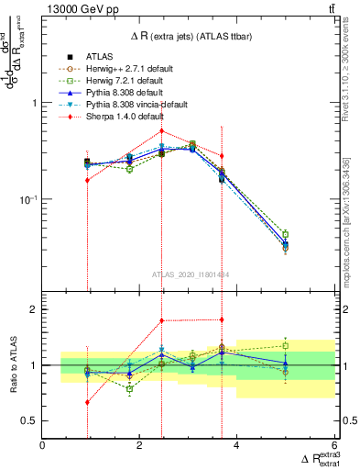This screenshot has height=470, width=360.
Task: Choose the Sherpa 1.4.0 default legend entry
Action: (110, 117)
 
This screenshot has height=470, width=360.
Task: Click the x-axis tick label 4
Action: (236, 446)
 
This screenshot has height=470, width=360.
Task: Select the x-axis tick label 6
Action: (333, 446)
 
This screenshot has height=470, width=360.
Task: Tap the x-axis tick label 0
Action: (42, 446)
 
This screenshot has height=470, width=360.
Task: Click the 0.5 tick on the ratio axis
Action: (29, 420)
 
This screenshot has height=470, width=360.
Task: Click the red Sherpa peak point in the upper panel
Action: (161, 130)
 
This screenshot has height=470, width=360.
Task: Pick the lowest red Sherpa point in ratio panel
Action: (87, 402)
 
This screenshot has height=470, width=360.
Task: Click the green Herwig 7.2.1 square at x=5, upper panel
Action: (285, 234)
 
